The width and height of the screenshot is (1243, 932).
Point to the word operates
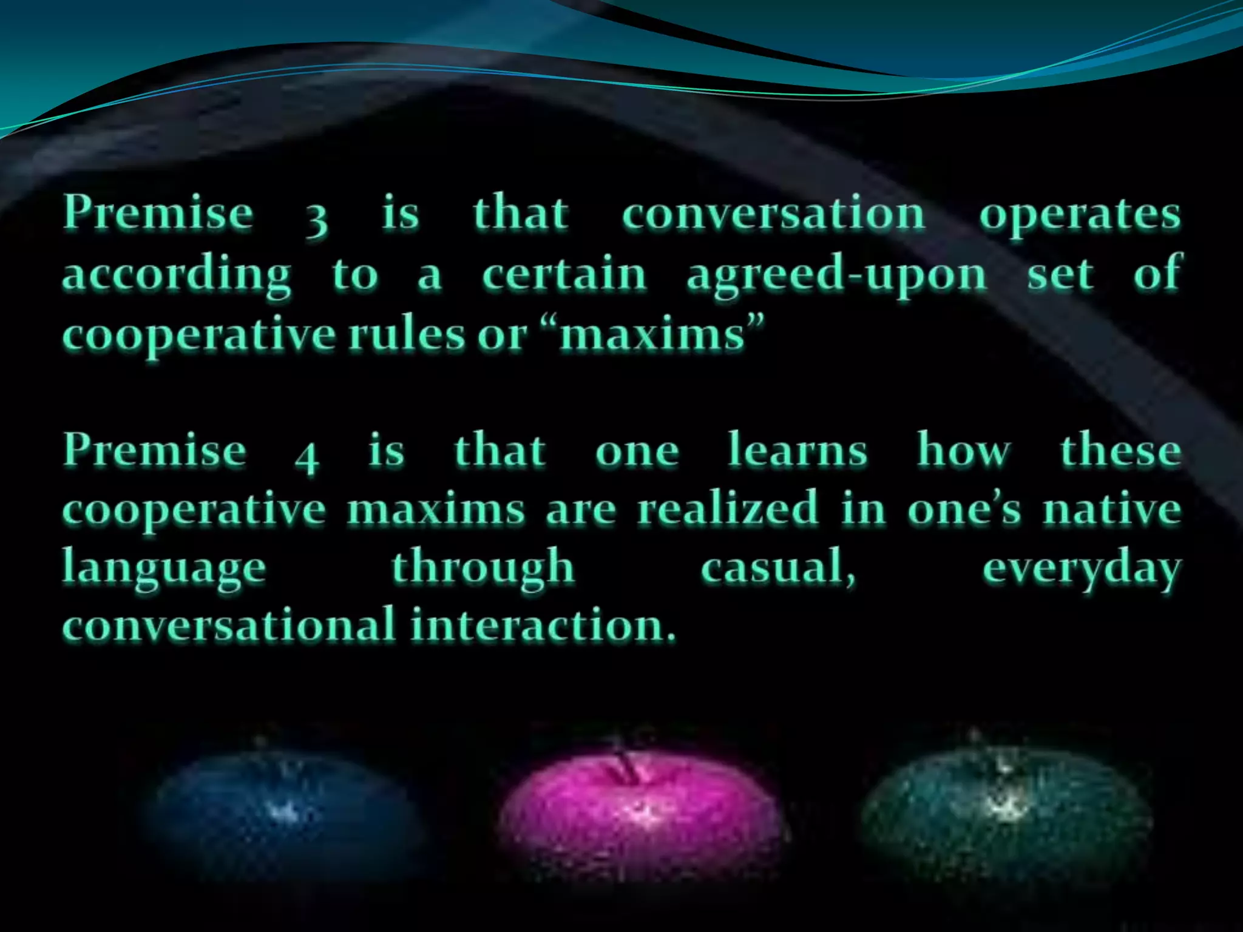coord(1080,216)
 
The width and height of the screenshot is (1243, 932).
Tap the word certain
coord(564,274)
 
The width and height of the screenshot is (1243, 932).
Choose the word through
coord(483,568)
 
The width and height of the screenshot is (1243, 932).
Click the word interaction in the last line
coord(543,625)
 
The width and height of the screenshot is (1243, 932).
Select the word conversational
coord(229,625)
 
